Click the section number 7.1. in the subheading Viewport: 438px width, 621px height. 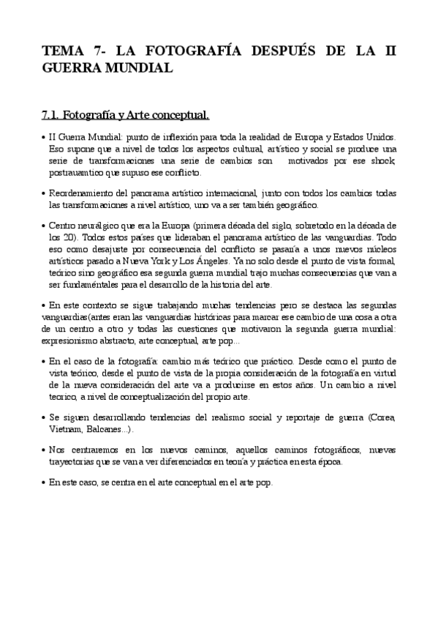(x=50, y=115)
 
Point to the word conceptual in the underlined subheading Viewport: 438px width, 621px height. (x=178, y=115)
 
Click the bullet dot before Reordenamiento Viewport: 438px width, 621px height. (x=43, y=193)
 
